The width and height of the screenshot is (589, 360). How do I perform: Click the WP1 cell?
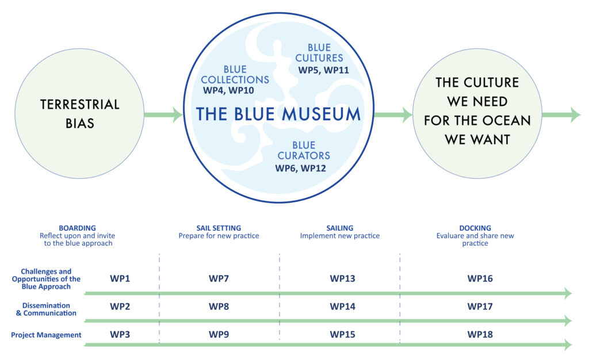coord(120,278)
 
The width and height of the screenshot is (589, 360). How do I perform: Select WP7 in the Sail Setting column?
coord(219,278)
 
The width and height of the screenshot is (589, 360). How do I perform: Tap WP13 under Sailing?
coord(343,278)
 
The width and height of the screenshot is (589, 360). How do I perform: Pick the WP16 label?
coord(480,278)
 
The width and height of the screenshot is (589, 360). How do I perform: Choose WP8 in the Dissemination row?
coord(219,307)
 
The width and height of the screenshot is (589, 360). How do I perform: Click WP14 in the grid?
coord(343,307)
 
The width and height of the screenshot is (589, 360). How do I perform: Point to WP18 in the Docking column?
coord(480,335)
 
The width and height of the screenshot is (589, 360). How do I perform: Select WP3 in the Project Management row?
coord(120,335)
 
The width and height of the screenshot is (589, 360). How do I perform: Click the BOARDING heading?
coord(78,228)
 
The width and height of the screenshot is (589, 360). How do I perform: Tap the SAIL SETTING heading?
coord(219,228)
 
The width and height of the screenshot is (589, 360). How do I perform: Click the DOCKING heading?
coord(475,228)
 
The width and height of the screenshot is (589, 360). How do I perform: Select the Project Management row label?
coord(46,335)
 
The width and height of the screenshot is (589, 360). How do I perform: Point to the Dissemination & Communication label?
coord(46,309)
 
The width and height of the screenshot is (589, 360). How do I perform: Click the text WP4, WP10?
coord(228,90)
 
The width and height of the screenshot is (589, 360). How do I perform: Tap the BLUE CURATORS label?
coord(304,150)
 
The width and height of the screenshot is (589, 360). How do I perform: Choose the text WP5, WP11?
coord(323,70)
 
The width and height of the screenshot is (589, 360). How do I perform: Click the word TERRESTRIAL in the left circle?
coord(79,104)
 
